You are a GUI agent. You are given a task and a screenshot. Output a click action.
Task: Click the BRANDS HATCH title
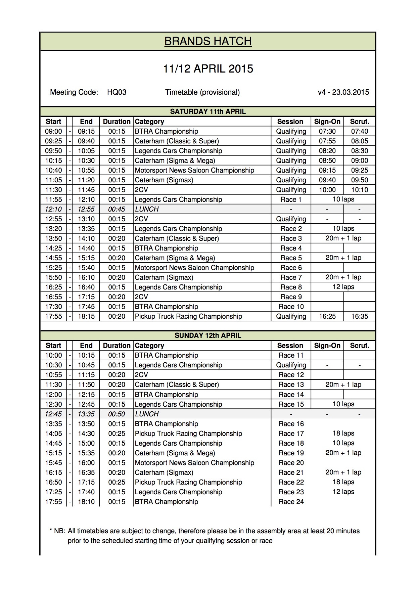pos(208,41)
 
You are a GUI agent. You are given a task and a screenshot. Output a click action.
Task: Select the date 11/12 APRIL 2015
pos(208,69)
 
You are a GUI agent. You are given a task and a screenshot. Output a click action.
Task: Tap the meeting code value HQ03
pos(117,92)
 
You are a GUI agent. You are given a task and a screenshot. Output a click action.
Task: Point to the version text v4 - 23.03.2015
pos(343,92)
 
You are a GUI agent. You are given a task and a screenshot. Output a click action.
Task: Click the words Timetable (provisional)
pos(202,92)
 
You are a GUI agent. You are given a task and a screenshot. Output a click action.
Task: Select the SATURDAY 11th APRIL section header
pos(208,111)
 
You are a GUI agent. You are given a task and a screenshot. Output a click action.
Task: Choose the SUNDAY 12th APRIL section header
pos(208,335)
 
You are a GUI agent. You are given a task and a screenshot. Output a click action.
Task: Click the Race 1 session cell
pos(291,199)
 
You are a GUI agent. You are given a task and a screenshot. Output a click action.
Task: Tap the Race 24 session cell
pos(291,502)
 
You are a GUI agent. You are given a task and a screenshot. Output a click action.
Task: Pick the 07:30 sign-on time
pos(327,131)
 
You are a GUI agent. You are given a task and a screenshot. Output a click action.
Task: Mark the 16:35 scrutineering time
pos(359,316)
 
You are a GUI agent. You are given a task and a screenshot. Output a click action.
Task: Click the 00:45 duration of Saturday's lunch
pos(117,209)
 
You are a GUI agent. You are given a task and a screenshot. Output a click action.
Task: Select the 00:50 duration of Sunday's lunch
pos(117,414)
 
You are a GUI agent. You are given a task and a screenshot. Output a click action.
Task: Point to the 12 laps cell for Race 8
pos(343,287)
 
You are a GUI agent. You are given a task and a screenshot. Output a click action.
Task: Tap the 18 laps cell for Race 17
pos(343,434)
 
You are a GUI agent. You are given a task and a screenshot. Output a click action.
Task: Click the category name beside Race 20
pos(194,463)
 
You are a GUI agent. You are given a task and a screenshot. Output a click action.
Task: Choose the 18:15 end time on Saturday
pos(86,316)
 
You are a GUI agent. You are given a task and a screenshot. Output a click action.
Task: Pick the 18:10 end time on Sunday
pos(86,502)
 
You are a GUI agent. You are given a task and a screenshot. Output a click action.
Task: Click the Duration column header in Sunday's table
pos(117,346)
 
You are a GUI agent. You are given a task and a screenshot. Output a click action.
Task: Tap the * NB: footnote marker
pos(57,531)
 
